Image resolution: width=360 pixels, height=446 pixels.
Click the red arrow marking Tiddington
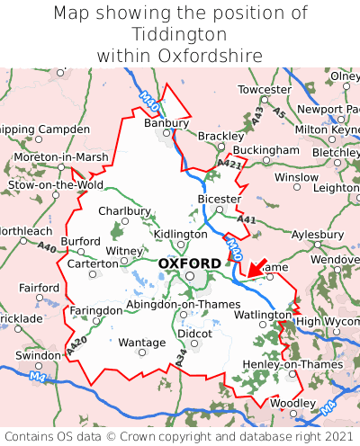click(260, 267)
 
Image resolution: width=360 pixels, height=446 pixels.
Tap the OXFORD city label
click(189, 263)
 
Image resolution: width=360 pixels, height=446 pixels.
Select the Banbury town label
click(168, 123)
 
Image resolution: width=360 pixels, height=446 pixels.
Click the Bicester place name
click(219, 199)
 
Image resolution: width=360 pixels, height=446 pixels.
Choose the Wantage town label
click(142, 343)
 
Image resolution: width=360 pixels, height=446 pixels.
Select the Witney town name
click(124, 251)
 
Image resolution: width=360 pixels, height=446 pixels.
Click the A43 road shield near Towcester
click(258, 115)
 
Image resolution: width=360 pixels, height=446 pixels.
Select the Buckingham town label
click(265, 149)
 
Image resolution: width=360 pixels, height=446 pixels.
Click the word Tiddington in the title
click(179, 34)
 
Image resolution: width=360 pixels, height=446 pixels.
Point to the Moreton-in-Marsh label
click(61, 157)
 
